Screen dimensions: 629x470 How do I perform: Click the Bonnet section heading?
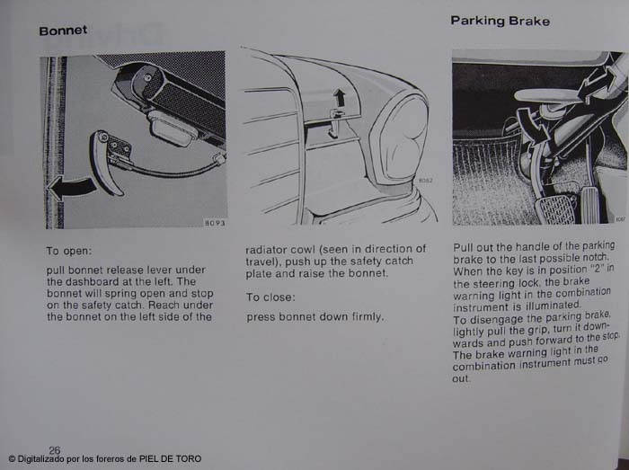(63, 31)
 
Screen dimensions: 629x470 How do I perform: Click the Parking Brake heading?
(500, 21)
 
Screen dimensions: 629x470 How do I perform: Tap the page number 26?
(55, 450)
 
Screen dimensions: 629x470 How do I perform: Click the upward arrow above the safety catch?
(340, 97)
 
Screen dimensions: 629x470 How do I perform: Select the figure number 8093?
(215, 223)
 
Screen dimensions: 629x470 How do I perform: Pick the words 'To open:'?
(69, 252)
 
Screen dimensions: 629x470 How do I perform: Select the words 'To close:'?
(270, 297)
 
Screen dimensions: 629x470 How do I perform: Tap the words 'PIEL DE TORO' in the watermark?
(170, 459)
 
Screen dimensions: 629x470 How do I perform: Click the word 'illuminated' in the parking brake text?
(554, 306)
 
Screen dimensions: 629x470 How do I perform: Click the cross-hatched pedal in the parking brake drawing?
(557, 208)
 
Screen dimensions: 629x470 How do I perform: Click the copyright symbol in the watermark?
(12, 459)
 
